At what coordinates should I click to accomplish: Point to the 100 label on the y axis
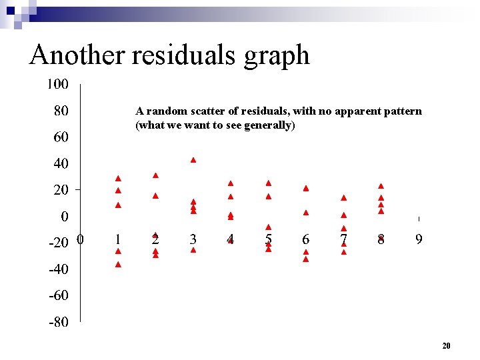(x=57, y=84)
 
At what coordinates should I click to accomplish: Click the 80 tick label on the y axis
(x=60, y=110)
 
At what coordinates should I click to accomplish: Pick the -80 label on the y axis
(x=59, y=322)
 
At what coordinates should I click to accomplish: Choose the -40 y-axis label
(x=59, y=269)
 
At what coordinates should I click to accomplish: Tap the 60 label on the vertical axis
(x=60, y=137)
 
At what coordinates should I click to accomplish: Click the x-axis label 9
(x=419, y=239)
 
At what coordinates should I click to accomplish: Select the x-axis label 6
(x=305, y=239)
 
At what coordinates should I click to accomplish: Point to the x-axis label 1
(x=117, y=239)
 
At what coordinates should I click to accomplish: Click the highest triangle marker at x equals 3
(x=193, y=160)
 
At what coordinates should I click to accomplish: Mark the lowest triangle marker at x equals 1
(x=118, y=265)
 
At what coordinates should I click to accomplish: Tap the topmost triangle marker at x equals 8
(x=381, y=186)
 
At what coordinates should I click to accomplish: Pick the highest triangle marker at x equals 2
(x=155, y=175)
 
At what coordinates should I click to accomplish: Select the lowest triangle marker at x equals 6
(x=306, y=259)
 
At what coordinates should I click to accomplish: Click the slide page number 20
(x=446, y=345)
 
